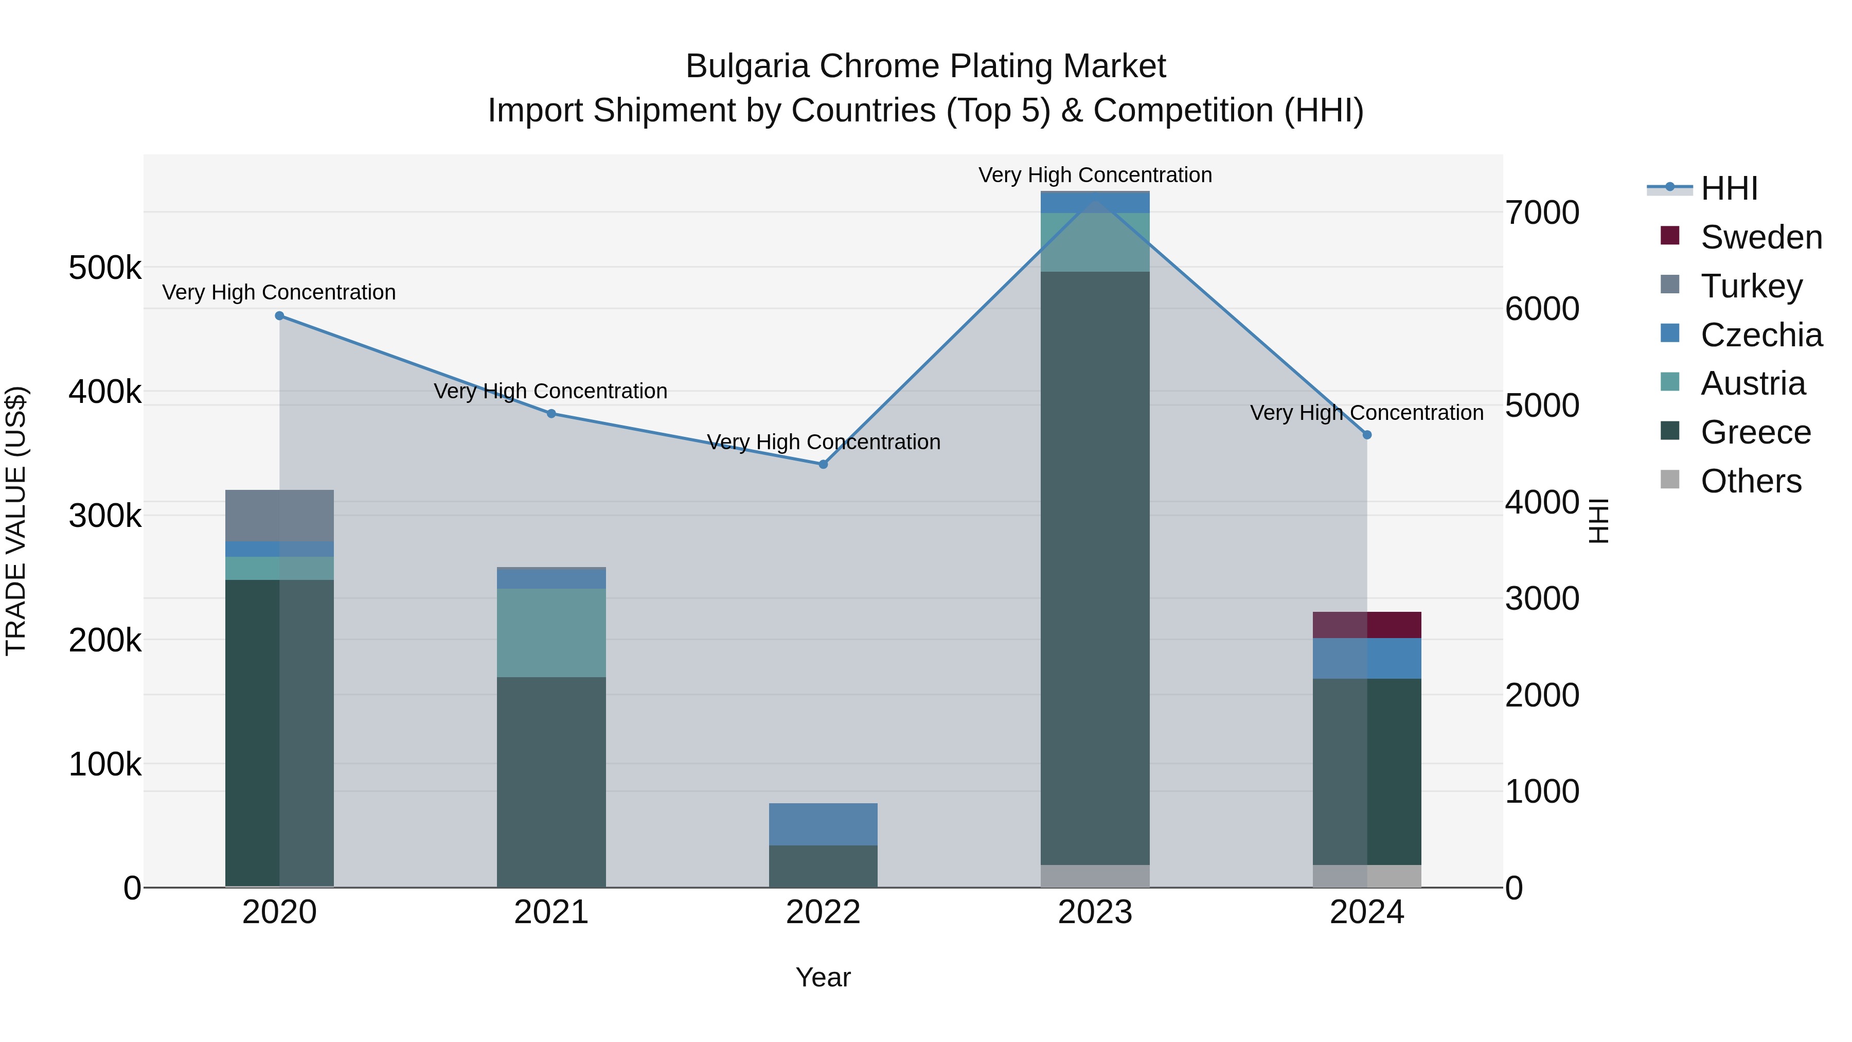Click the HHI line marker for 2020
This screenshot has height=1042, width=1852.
coord(280,316)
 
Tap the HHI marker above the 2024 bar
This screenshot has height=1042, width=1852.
coord(1367,435)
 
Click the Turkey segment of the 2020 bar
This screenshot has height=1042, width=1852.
coord(280,516)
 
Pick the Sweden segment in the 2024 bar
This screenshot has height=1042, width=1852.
coord(1367,625)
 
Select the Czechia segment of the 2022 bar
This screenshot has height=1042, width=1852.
coord(823,824)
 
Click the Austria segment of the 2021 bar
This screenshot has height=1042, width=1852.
coord(551,633)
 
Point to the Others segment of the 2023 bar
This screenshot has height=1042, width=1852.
coord(1095,876)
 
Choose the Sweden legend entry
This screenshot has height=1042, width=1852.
coord(1761,237)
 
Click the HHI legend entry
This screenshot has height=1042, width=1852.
coord(1729,188)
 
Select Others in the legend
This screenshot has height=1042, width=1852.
coord(1751,481)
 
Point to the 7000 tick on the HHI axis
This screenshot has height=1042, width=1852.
coord(1542,213)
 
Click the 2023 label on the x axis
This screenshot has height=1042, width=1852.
coord(1095,912)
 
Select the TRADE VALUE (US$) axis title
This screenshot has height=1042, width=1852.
coord(16,521)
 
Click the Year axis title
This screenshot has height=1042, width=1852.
coord(823,977)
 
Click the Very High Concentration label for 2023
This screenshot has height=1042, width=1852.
coord(1095,175)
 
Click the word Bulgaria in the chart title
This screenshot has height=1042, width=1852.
coord(747,66)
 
